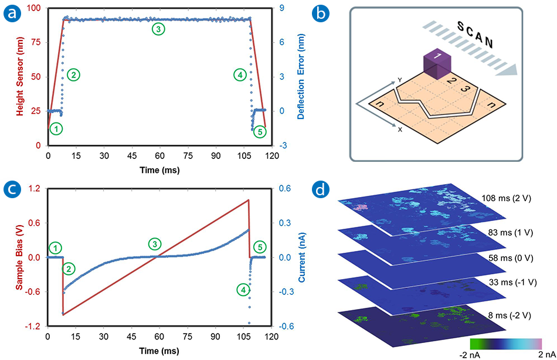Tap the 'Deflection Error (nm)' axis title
tap(300, 76)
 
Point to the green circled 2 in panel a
tap(73, 74)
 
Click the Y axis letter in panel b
tap(398, 80)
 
